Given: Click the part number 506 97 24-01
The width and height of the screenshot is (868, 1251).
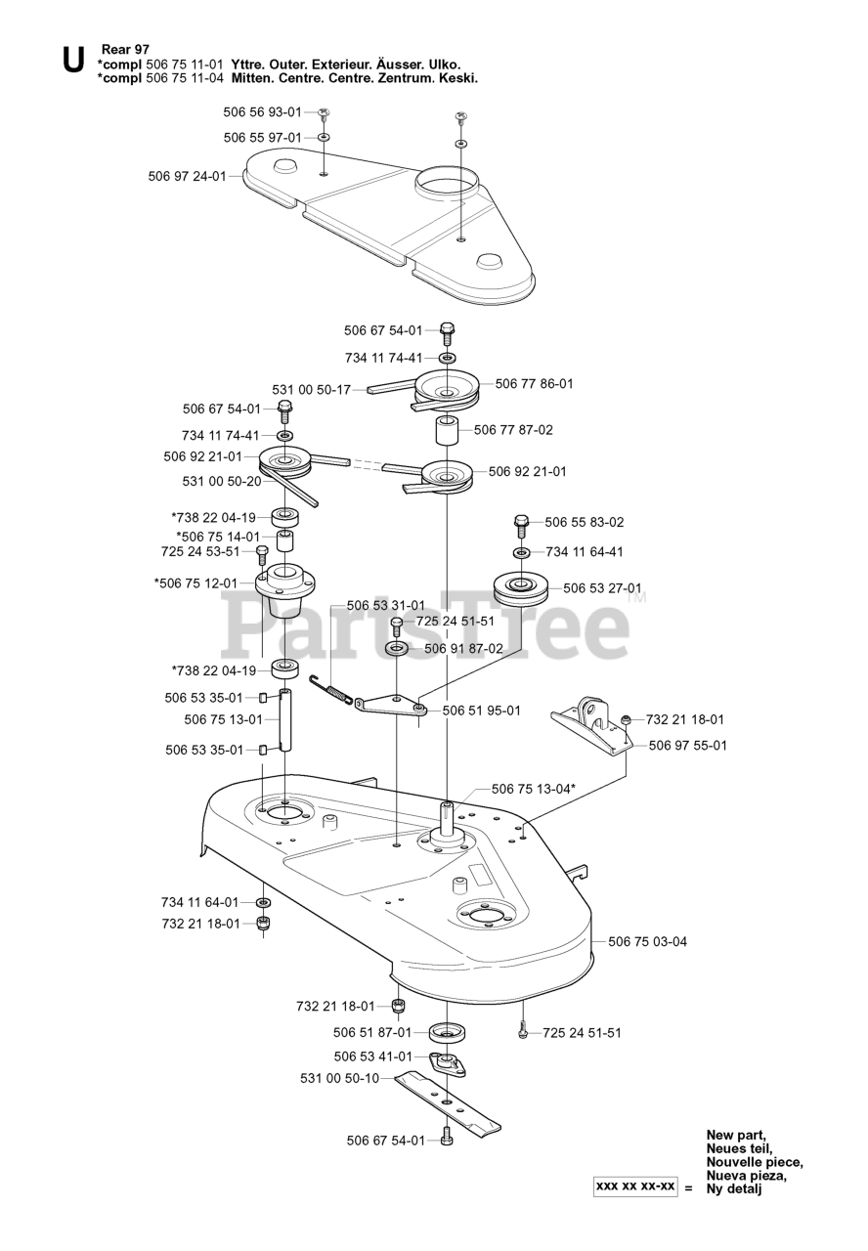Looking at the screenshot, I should click(x=187, y=176).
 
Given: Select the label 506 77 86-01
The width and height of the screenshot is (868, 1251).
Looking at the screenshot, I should click(x=534, y=384).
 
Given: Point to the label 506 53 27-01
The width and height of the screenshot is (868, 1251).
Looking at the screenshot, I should click(x=602, y=588).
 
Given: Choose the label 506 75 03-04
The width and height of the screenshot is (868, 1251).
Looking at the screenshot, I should click(x=647, y=942).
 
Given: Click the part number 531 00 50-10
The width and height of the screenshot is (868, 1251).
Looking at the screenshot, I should click(x=339, y=1079).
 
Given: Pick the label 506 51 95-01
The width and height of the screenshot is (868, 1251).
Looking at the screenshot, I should click(x=481, y=711).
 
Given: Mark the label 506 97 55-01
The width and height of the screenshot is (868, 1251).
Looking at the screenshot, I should click(x=687, y=746).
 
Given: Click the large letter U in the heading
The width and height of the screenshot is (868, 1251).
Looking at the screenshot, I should click(x=72, y=61).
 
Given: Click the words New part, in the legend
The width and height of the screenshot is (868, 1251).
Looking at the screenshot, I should click(x=736, y=1135).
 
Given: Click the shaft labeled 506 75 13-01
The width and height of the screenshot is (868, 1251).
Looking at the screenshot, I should click(x=284, y=720).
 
